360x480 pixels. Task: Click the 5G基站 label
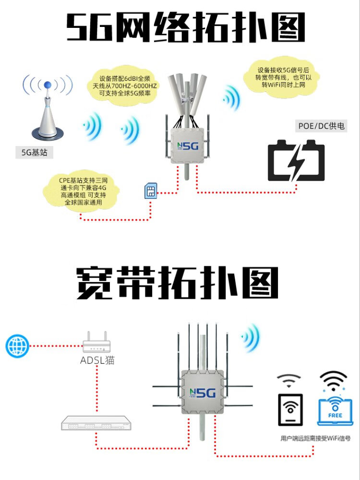pos(34,152)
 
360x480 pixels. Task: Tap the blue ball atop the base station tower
pos(47,85)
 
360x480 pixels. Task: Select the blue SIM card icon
pos(151,191)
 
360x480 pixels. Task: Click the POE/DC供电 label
pos(321,126)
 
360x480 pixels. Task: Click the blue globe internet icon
pos(17,346)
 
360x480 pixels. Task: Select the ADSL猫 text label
pos(97,360)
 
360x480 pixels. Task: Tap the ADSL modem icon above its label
pos(97,342)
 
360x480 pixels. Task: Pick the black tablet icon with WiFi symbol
pos(290,409)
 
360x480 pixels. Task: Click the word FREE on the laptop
pos(335,416)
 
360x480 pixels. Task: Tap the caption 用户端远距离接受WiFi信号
pos(315,438)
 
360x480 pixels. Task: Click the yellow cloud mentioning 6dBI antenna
pos(125,86)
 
